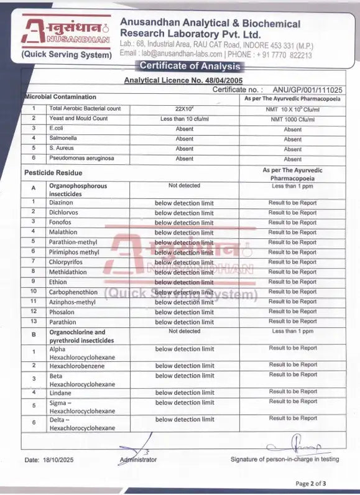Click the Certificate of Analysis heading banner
tap(189, 67)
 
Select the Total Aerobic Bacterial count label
tap(85, 109)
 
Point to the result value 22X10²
tap(184, 109)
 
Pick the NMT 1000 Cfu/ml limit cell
tap(293, 119)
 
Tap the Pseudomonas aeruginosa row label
tap(80, 159)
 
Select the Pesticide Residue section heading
tap(53, 173)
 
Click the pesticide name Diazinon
tap(61, 203)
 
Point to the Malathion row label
tap(63, 233)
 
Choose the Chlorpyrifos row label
tap(66, 262)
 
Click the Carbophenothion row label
tap(73, 292)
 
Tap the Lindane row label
tap(60, 393)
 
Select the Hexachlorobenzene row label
tap(77, 366)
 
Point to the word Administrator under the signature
tap(137, 460)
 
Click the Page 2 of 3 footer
tap(310, 483)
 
